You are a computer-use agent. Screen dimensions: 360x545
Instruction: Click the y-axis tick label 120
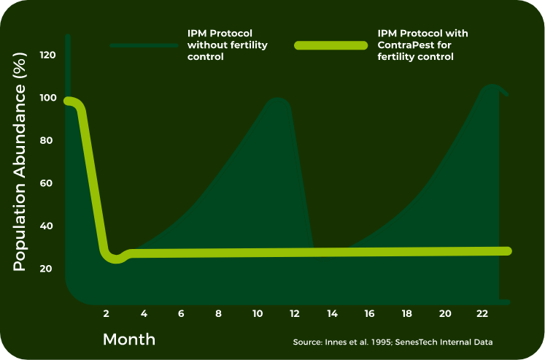(x=47, y=55)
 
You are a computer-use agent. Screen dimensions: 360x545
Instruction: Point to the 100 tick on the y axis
(x=47, y=98)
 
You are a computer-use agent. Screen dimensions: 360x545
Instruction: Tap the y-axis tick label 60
(x=47, y=183)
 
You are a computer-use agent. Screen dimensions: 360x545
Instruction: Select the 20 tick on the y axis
(x=47, y=269)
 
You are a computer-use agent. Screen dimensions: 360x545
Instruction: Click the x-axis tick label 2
(x=107, y=313)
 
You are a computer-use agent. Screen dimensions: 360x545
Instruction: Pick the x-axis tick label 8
(x=218, y=313)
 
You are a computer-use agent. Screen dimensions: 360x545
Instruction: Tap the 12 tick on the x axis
(x=294, y=313)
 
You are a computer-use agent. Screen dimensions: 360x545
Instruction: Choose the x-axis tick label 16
(x=369, y=313)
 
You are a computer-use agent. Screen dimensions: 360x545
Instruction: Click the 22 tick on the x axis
(x=482, y=313)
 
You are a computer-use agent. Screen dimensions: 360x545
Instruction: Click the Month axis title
(x=129, y=340)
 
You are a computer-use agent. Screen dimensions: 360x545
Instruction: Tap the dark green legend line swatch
(x=144, y=45)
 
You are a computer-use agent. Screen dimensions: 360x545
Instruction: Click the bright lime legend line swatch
(x=331, y=45)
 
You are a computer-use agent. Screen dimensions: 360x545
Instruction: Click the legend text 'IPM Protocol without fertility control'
(x=227, y=45)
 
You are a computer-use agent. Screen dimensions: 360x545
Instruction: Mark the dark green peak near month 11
(x=277, y=100)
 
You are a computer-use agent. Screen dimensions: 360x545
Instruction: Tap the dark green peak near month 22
(x=491, y=87)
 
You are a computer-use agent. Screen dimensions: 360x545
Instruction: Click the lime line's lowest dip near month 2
(x=116, y=259)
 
